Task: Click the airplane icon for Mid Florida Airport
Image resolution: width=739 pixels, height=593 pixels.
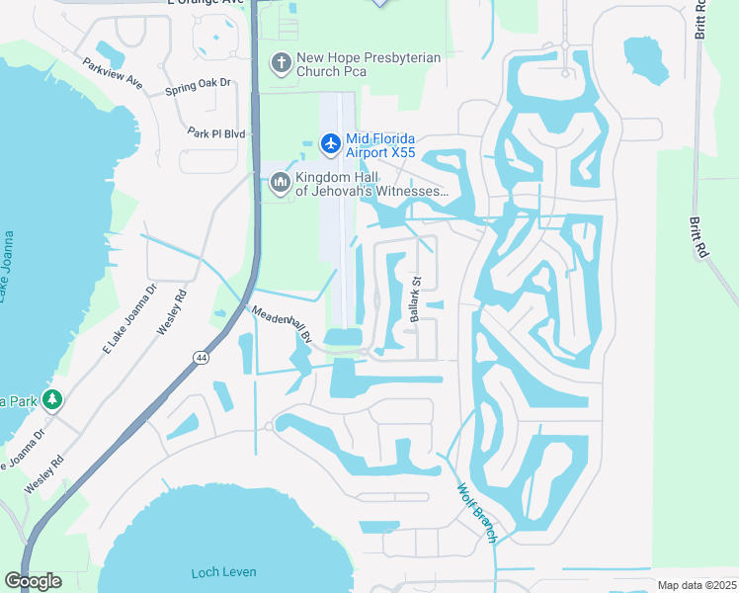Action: pos(330,144)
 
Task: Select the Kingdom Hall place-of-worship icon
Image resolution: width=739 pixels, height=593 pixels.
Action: pos(280,183)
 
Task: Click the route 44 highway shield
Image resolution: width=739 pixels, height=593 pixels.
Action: pos(201,358)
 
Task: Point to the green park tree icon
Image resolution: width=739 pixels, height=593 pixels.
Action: pos(52,400)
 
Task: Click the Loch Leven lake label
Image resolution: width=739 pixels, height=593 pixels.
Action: pos(223,572)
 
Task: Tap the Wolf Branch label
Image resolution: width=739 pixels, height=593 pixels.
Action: pos(476,511)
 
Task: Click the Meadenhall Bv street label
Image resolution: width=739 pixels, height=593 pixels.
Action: pos(282,324)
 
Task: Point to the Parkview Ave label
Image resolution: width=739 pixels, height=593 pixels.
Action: pos(114,74)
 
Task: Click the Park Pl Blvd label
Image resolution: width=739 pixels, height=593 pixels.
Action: pos(215,132)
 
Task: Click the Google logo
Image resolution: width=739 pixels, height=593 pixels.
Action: pos(33,581)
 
